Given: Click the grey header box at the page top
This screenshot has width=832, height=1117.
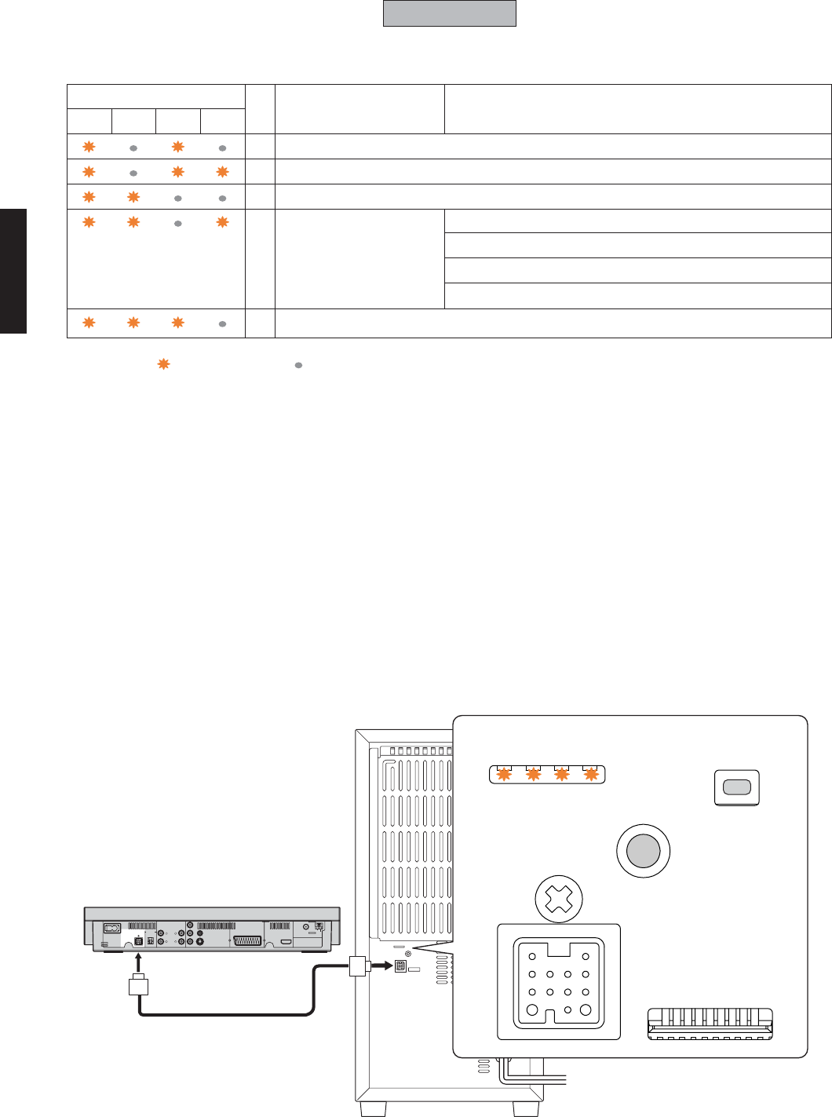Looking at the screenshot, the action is [449, 13].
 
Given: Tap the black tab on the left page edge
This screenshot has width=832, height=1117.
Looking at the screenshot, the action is [13, 271].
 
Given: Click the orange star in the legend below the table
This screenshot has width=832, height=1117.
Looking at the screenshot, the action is [163, 364].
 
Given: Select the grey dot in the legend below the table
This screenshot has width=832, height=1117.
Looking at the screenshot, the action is [298, 365].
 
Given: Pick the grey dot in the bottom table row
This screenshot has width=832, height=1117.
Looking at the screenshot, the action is [222, 323].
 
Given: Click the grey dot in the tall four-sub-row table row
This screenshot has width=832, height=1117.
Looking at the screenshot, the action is [178, 223].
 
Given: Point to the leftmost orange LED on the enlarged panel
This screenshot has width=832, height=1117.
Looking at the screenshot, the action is [504, 775].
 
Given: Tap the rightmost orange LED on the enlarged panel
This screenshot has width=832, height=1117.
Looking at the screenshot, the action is [591, 775].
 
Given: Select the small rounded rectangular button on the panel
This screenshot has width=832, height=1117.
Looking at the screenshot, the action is [736, 787].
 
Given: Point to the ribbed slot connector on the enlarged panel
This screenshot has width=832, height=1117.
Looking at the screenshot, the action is [710, 1024].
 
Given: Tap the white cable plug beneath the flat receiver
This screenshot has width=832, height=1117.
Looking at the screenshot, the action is [138, 985].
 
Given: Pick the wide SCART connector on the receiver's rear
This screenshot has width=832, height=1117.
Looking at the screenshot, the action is [248, 940].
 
